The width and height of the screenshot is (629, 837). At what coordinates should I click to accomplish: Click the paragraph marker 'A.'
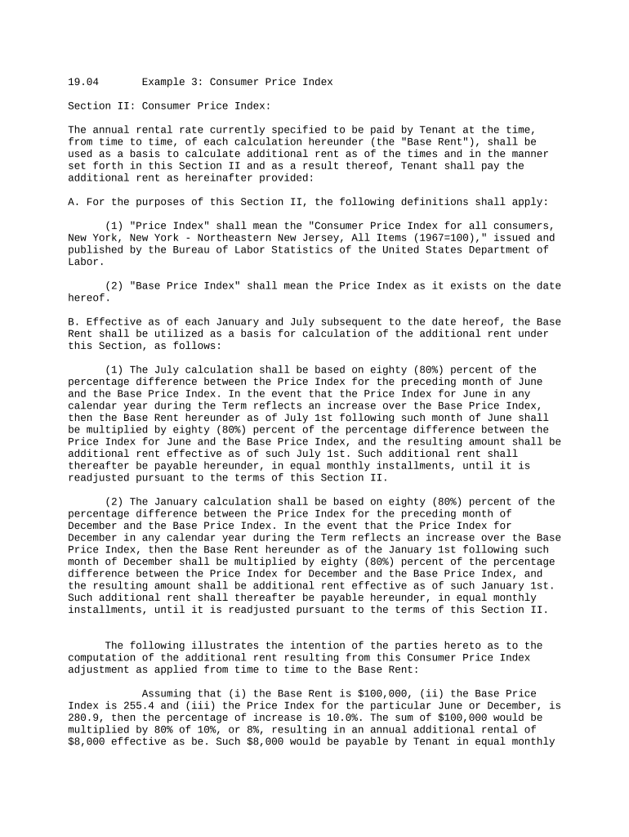pos(74,202)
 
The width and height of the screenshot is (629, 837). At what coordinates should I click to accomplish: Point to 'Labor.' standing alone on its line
pos(86,262)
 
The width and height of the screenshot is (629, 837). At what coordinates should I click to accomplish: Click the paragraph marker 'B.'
pos(74,321)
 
